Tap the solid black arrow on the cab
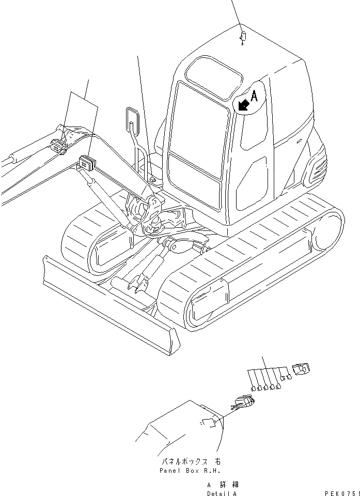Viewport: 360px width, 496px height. [243, 105]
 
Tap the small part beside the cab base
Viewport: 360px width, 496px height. [152, 179]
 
